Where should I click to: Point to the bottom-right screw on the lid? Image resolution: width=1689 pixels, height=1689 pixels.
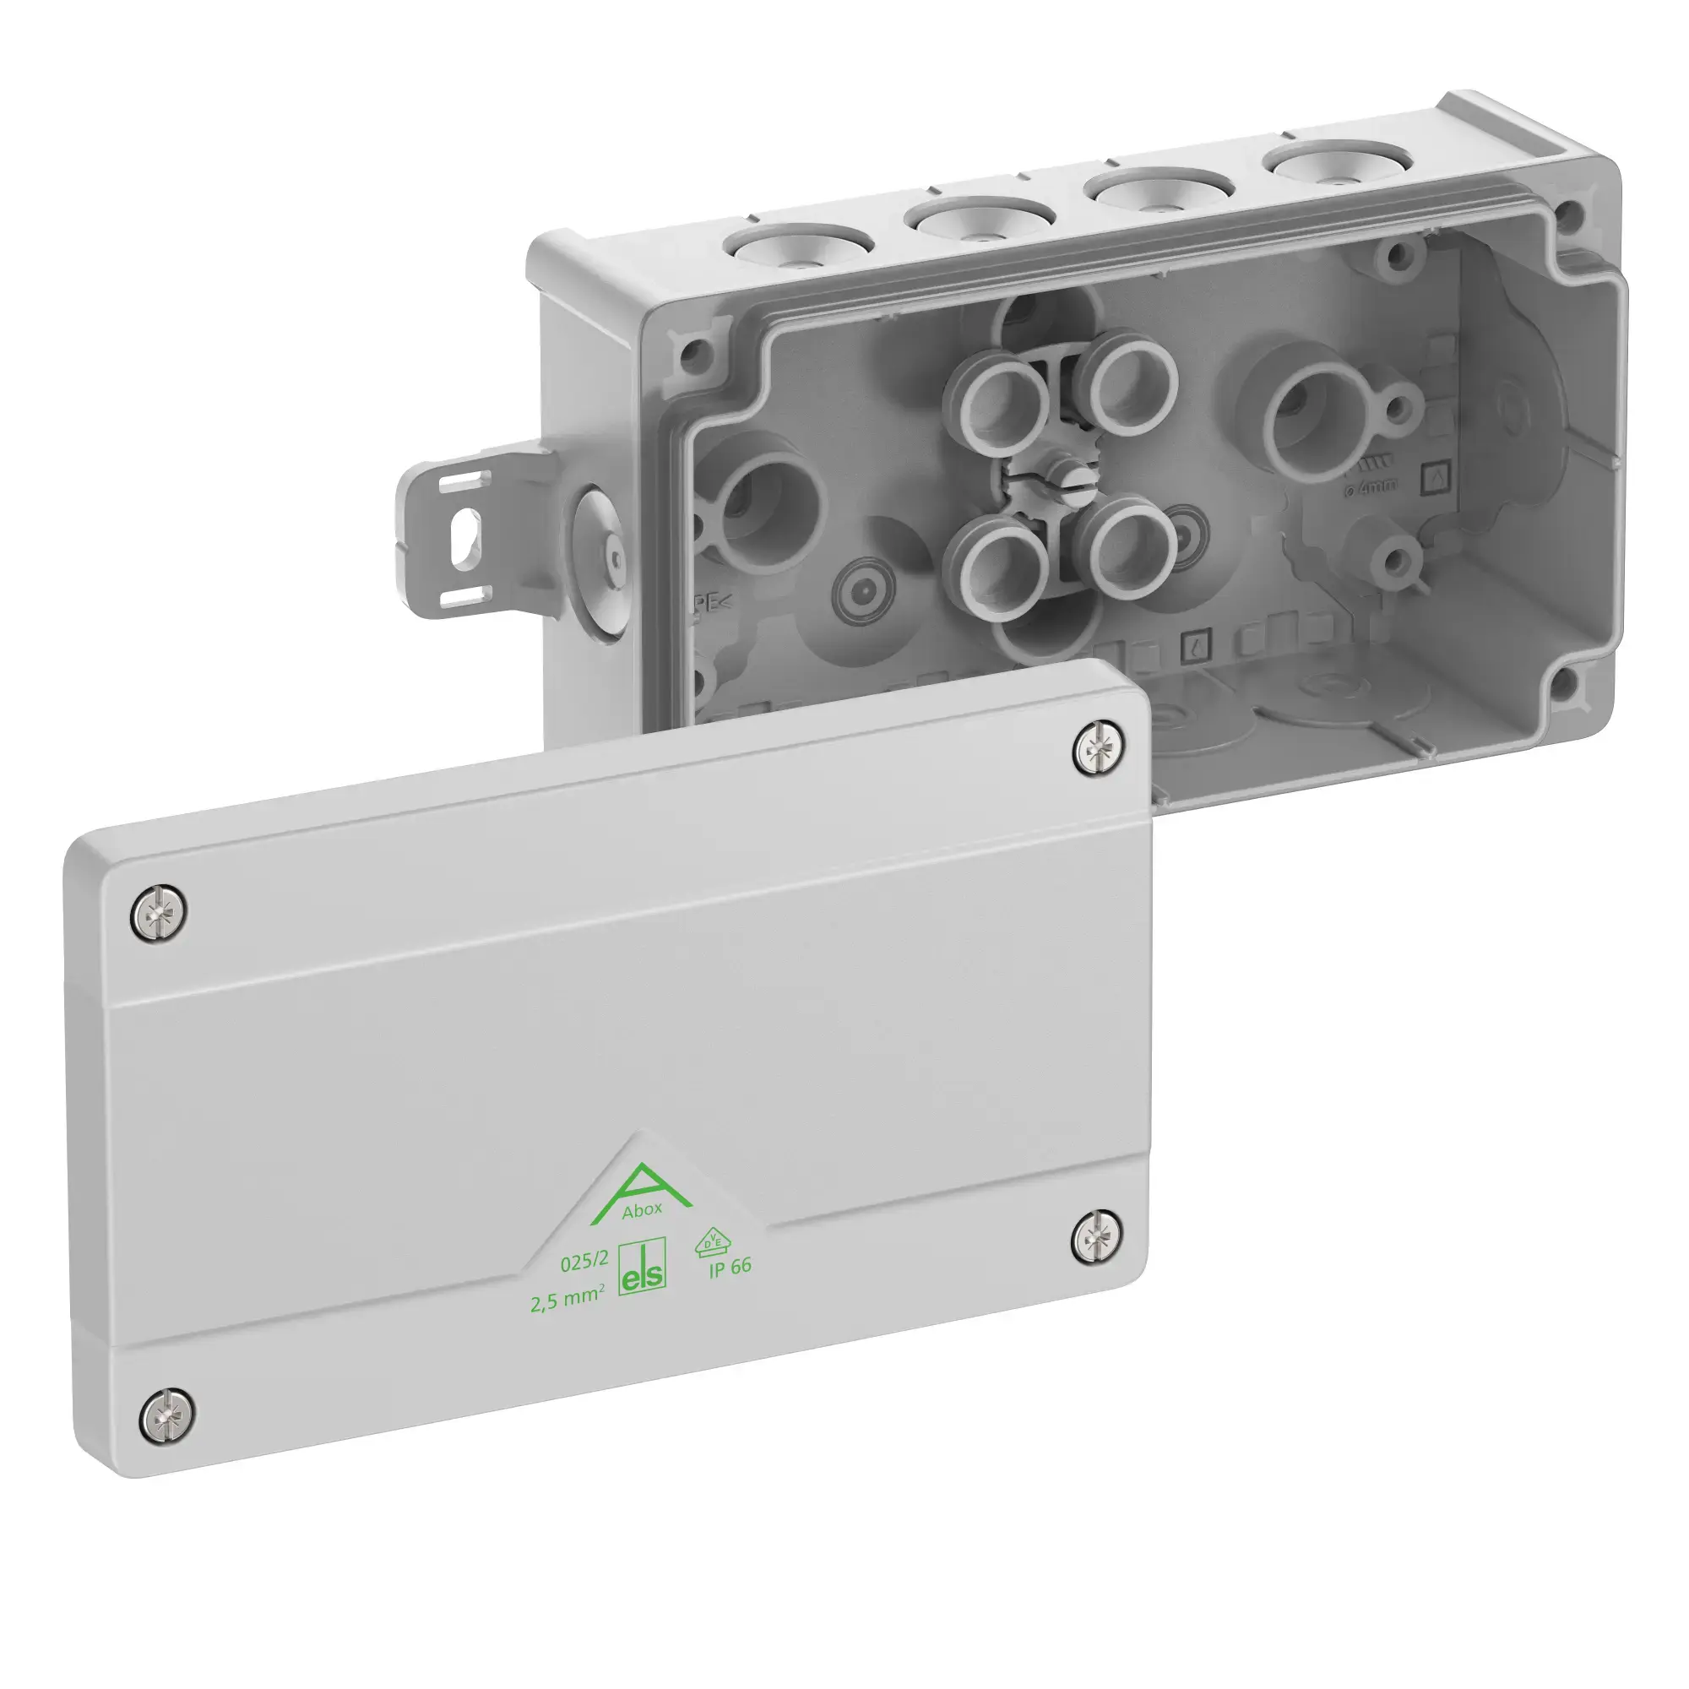pyautogui.click(x=1097, y=1236)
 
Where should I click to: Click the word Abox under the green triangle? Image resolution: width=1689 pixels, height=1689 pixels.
pyautogui.click(x=643, y=1210)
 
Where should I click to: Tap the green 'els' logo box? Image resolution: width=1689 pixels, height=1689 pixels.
pyautogui.click(x=642, y=1266)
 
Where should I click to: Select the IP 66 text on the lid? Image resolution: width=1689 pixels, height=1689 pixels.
pyautogui.click(x=730, y=1267)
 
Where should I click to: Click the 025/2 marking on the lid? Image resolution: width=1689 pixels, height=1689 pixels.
pyautogui.click(x=584, y=1262)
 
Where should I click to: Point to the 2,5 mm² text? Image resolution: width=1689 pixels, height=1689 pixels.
pyautogui.click(x=568, y=1298)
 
